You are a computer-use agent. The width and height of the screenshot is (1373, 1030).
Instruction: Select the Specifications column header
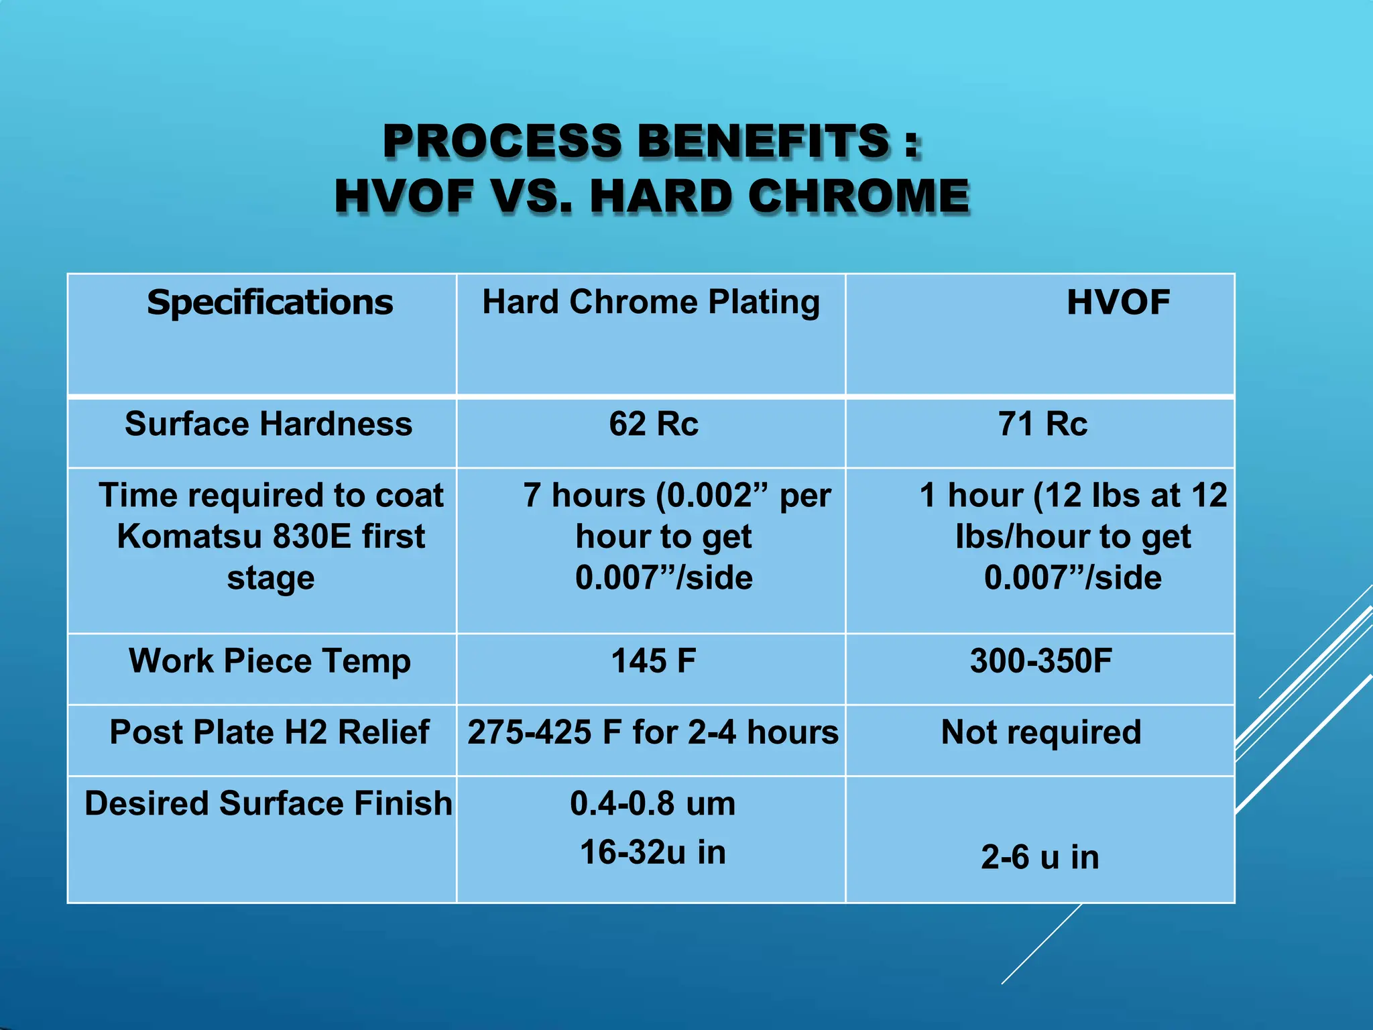pos(270,302)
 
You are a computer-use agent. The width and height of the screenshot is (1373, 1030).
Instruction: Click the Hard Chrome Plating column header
pos(651,302)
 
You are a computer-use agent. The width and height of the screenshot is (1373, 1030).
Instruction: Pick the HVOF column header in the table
pos(1118,302)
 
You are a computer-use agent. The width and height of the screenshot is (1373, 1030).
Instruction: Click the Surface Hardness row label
pos(269,424)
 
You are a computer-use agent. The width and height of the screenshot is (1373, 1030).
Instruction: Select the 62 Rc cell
pos(654,424)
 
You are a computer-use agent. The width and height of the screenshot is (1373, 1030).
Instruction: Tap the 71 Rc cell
pos(1042,424)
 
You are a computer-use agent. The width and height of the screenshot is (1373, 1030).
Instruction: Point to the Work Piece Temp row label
pos(270,661)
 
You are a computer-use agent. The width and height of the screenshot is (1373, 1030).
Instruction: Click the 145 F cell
pos(654,661)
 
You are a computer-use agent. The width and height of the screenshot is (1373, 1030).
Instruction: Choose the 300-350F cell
pos(1041,661)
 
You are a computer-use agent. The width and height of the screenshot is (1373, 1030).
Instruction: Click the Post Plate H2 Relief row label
pos(270,732)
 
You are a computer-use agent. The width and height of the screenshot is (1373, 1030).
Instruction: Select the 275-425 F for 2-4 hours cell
pos(653,732)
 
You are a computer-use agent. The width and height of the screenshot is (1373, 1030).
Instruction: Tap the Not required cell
pos(1041,732)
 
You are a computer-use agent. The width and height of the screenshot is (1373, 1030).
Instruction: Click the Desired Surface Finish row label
pos(269,803)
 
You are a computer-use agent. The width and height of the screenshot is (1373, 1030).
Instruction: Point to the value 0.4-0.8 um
pos(653,803)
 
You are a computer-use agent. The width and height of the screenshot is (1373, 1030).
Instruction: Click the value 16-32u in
pos(653,852)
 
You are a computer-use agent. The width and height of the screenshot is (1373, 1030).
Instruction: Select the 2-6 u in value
pos(1040,858)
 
